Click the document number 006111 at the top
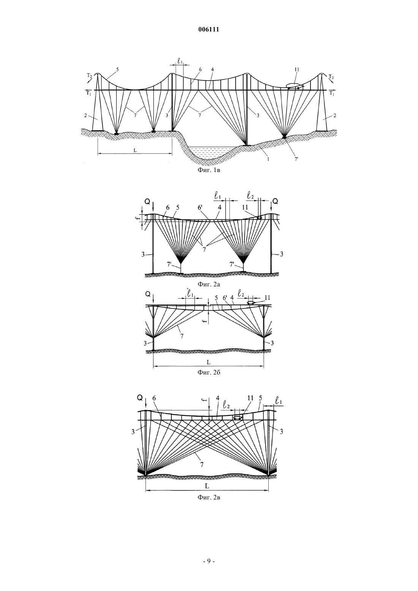[209, 30]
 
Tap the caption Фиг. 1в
[209, 170]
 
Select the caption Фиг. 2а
[209, 284]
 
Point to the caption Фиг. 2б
[209, 372]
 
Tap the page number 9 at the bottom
[209, 561]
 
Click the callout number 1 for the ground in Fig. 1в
[268, 159]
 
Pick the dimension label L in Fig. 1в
[135, 150]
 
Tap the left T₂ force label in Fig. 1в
[90, 75]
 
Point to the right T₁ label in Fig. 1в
[332, 93]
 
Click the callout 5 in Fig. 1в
[117, 70]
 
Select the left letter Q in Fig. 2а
[147, 202]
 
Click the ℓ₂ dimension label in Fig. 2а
[251, 196]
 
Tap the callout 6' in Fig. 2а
[200, 208]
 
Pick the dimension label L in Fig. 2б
[208, 362]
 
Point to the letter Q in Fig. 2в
[140, 398]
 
